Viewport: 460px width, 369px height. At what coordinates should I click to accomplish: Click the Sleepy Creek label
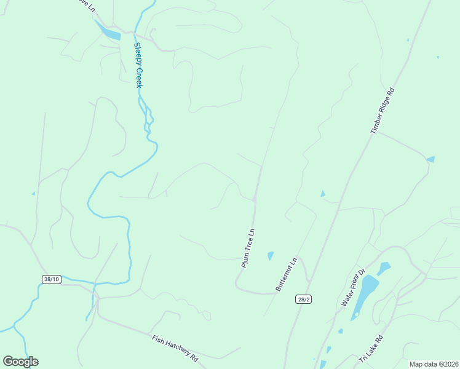click(x=138, y=65)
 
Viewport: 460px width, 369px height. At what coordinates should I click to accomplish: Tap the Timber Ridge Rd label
click(x=382, y=111)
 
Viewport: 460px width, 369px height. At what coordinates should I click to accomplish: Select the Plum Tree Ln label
click(x=248, y=248)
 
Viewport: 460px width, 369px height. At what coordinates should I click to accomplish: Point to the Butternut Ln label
click(x=287, y=274)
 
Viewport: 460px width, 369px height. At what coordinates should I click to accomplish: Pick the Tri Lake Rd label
click(x=371, y=348)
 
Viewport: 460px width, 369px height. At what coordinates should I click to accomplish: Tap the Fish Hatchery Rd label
click(x=176, y=348)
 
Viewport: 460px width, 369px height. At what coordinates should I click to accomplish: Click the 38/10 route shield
click(x=52, y=279)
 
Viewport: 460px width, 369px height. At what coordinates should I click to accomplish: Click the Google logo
click(x=20, y=362)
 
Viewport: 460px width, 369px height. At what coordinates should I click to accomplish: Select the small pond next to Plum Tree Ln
click(x=270, y=255)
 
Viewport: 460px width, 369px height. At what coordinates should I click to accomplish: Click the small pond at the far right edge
click(x=430, y=159)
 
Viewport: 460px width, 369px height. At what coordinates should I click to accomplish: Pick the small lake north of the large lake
click(x=383, y=268)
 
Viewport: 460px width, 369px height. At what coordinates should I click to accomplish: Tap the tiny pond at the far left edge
click(x=33, y=194)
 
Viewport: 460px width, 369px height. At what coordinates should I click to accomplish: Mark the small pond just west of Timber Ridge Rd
click(x=322, y=194)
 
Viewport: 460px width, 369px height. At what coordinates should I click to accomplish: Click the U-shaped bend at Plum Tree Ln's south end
click(x=238, y=284)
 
